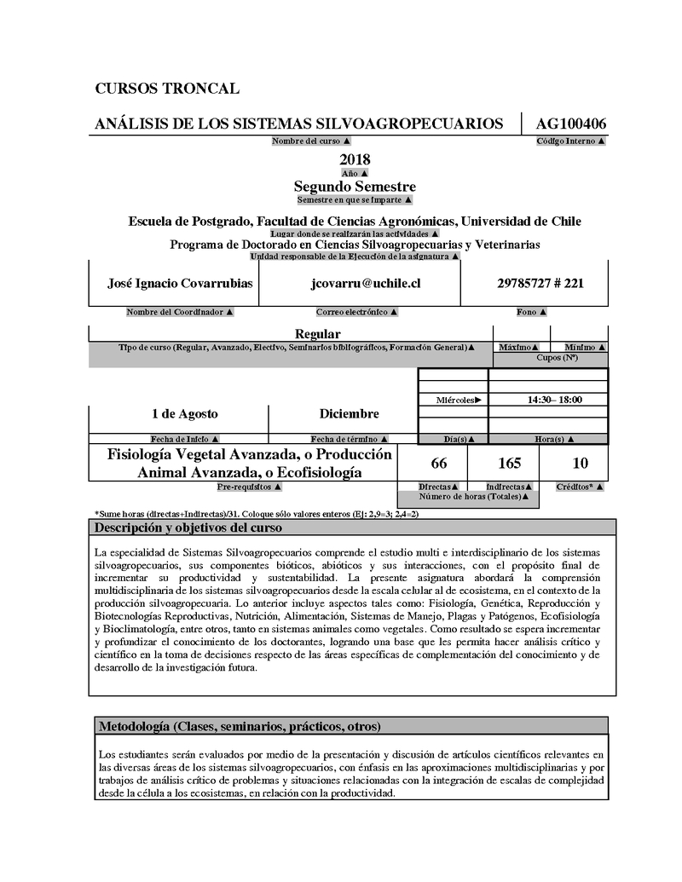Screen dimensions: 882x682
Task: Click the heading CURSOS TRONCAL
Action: (167, 89)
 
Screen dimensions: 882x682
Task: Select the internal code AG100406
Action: (571, 124)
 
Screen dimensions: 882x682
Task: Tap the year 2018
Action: (355, 159)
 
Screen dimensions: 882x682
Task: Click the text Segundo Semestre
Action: (355, 187)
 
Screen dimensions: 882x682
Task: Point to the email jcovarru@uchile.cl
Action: (365, 283)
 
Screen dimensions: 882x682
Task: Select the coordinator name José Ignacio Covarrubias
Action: (180, 283)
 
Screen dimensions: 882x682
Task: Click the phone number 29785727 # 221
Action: (540, 283)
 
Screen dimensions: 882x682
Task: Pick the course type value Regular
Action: (317, 334)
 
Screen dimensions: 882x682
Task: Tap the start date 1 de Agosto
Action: (184, 414)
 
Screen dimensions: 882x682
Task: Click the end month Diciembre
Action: (349, 414)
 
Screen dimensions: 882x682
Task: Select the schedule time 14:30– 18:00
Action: (555, 399)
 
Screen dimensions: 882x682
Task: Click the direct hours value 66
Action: (439, 464)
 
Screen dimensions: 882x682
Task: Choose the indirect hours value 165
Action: (509, 464)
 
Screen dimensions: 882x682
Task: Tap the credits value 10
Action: (581, 464)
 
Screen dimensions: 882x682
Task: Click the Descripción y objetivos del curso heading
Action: (188, 528)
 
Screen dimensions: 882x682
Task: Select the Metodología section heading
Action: (240, 727)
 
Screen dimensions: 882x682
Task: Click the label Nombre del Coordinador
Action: (180, 313)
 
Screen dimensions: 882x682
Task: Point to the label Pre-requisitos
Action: (250, 487)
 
